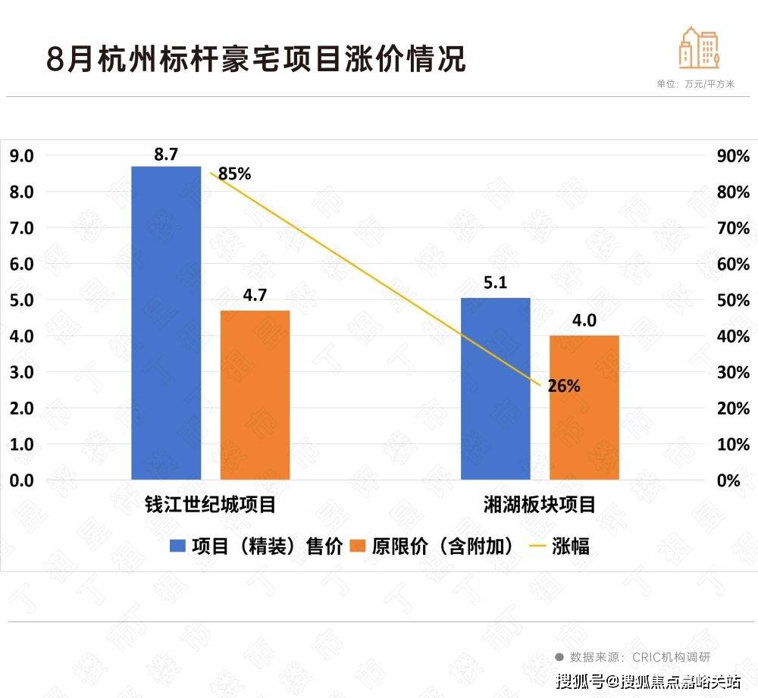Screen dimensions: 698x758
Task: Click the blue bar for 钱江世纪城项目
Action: coord(166,322)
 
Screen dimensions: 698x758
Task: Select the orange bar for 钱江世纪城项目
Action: coord(255,394)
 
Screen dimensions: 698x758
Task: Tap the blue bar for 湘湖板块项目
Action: coord(496,388)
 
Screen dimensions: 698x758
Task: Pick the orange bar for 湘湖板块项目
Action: coord(584,407)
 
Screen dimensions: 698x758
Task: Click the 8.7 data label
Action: coord(165,155)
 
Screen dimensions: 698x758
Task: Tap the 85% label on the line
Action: coord(234,174)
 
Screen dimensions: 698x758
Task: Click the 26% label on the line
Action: coord(564,386)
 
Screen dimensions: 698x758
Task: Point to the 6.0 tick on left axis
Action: coord(21,264)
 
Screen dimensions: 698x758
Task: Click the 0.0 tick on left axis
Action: coord(21,480)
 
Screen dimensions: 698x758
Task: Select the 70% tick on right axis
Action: coord(732,228)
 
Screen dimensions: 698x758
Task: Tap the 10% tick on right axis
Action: coord(732,444)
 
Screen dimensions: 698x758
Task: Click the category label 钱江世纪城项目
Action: coord(209,505)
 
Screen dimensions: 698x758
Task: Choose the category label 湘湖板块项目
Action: coord(540,505)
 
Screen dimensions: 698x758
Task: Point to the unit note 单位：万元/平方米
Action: coord(695,84)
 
